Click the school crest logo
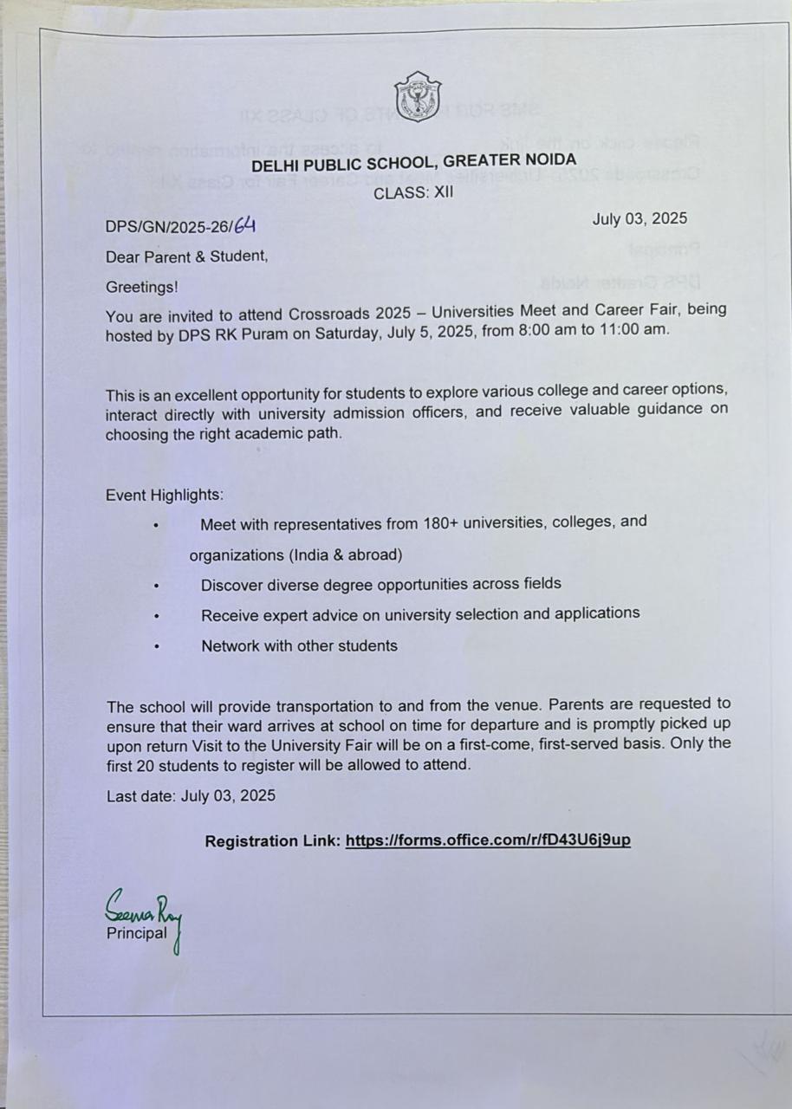pos(418,96)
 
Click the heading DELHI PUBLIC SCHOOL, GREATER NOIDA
pos(413,161)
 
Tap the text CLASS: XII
pos(413,193)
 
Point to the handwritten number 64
pos(245,226)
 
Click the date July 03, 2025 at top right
pos(639,218)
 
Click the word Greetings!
pos(142,286)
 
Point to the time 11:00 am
pos(632,330)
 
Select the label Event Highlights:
pos(165,496)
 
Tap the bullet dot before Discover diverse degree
pos(157,586)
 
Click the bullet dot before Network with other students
pos(157,646)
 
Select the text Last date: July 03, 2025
pos(191,795)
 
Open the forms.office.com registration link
pos(488,840)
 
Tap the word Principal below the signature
pos(136,933)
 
